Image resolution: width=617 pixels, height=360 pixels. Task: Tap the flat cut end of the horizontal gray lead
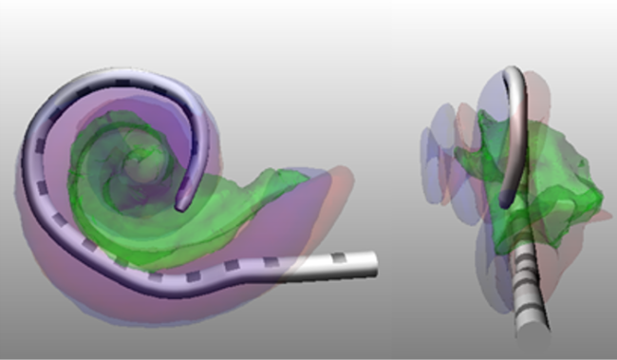click(376, 264)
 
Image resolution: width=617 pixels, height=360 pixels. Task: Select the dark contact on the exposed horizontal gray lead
click(339, 259)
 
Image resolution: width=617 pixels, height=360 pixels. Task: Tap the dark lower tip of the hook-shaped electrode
click(506, 201)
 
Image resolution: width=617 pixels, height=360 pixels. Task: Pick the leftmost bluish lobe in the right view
click(434, 142)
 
